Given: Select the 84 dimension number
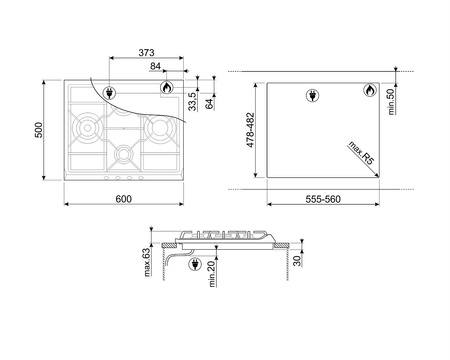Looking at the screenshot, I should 156,67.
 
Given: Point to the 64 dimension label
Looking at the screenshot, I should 210,103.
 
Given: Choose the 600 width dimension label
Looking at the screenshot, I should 124,199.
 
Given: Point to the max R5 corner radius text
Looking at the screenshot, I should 363,153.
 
